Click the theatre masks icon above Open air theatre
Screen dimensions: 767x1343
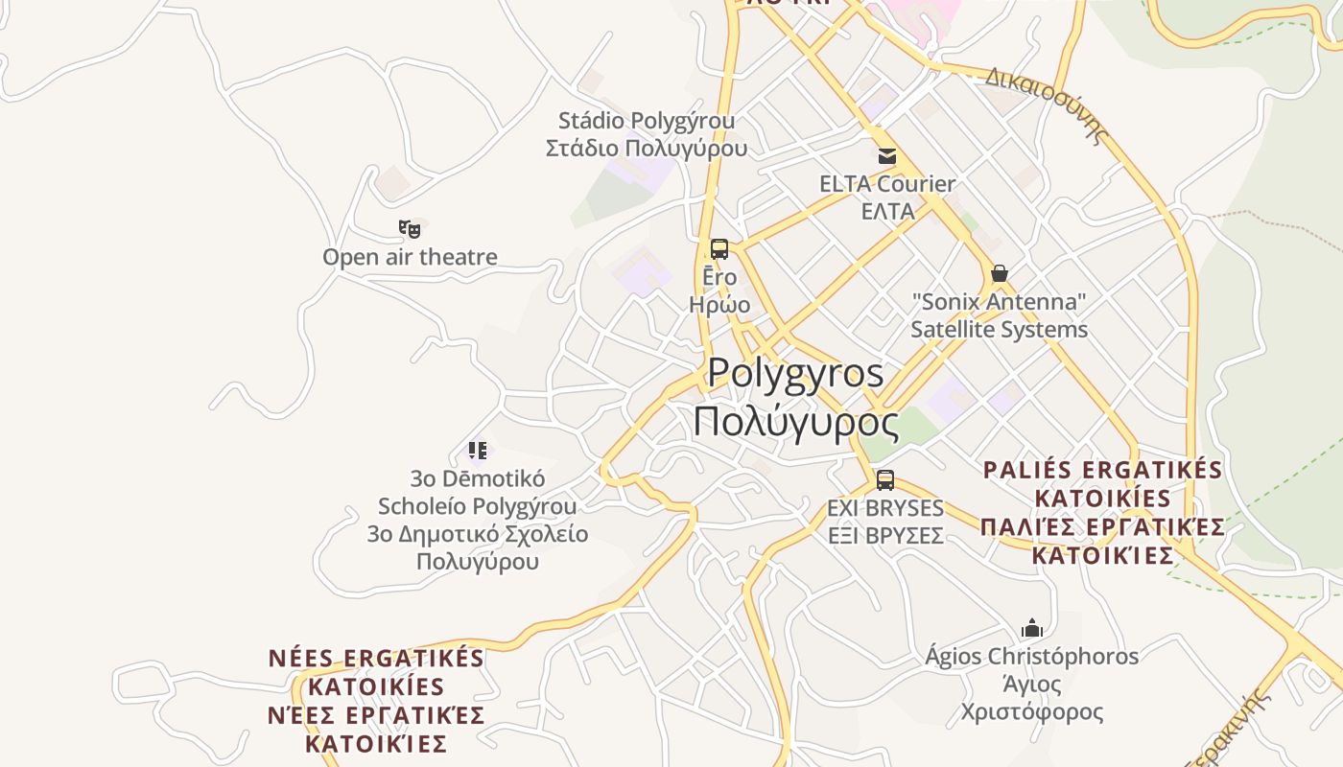(x=410, y=229)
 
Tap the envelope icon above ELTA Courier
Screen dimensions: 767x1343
(x=887, y=155)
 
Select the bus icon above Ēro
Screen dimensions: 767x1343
(x=719, y=249)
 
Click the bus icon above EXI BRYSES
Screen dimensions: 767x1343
(x=885, y=480)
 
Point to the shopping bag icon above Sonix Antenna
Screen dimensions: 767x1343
(x=1000, y=273)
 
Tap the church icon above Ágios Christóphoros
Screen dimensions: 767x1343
(x=1032, y=629)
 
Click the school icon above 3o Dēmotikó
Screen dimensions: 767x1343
(x=478, y=450)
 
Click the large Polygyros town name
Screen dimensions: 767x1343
(x=795, y=373)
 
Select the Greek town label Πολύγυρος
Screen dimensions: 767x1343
(x=795, y=423)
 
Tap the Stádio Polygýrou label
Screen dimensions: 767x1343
(x=647, y=122)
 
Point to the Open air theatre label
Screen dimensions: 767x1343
(x=410, y=257)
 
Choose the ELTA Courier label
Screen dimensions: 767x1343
(x=887, y=184)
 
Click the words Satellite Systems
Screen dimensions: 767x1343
(x=999, y=330)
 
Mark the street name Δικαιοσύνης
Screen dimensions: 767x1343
(x=1047, y=104)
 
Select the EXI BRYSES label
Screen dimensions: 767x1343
(x=885, y=508)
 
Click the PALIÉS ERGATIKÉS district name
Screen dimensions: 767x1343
(x=1102, y=471)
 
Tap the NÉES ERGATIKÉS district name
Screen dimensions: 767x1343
(x=376, y=659)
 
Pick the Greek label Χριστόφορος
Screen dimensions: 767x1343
(x=1032, y=712)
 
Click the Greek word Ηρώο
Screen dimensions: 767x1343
(x=719, y=305)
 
